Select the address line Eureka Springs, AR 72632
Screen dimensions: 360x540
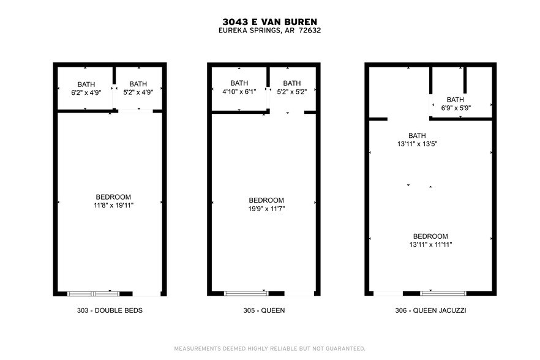coord(269,31)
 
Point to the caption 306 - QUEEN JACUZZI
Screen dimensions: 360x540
coord(430,310)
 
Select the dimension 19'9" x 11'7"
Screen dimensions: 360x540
coord(266,209)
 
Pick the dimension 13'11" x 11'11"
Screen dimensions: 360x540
coord(430,245)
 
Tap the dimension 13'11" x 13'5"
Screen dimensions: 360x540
coord(417,144)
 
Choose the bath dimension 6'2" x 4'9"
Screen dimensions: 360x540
coord(86,92)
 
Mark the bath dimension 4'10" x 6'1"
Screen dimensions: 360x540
coord(239,92)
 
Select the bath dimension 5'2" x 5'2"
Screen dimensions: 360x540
coord(292,92)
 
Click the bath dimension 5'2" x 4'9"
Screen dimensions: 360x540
coord(138,92)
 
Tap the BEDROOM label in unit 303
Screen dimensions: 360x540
coord(110,197)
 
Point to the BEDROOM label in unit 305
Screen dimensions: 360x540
coord(266,200)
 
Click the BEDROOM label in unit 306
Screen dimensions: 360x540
coord(430,236)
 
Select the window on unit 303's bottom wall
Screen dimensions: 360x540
coord(93,293)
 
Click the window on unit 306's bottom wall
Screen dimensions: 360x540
coord(443,293)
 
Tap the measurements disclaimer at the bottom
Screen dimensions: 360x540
coord(269,348)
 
